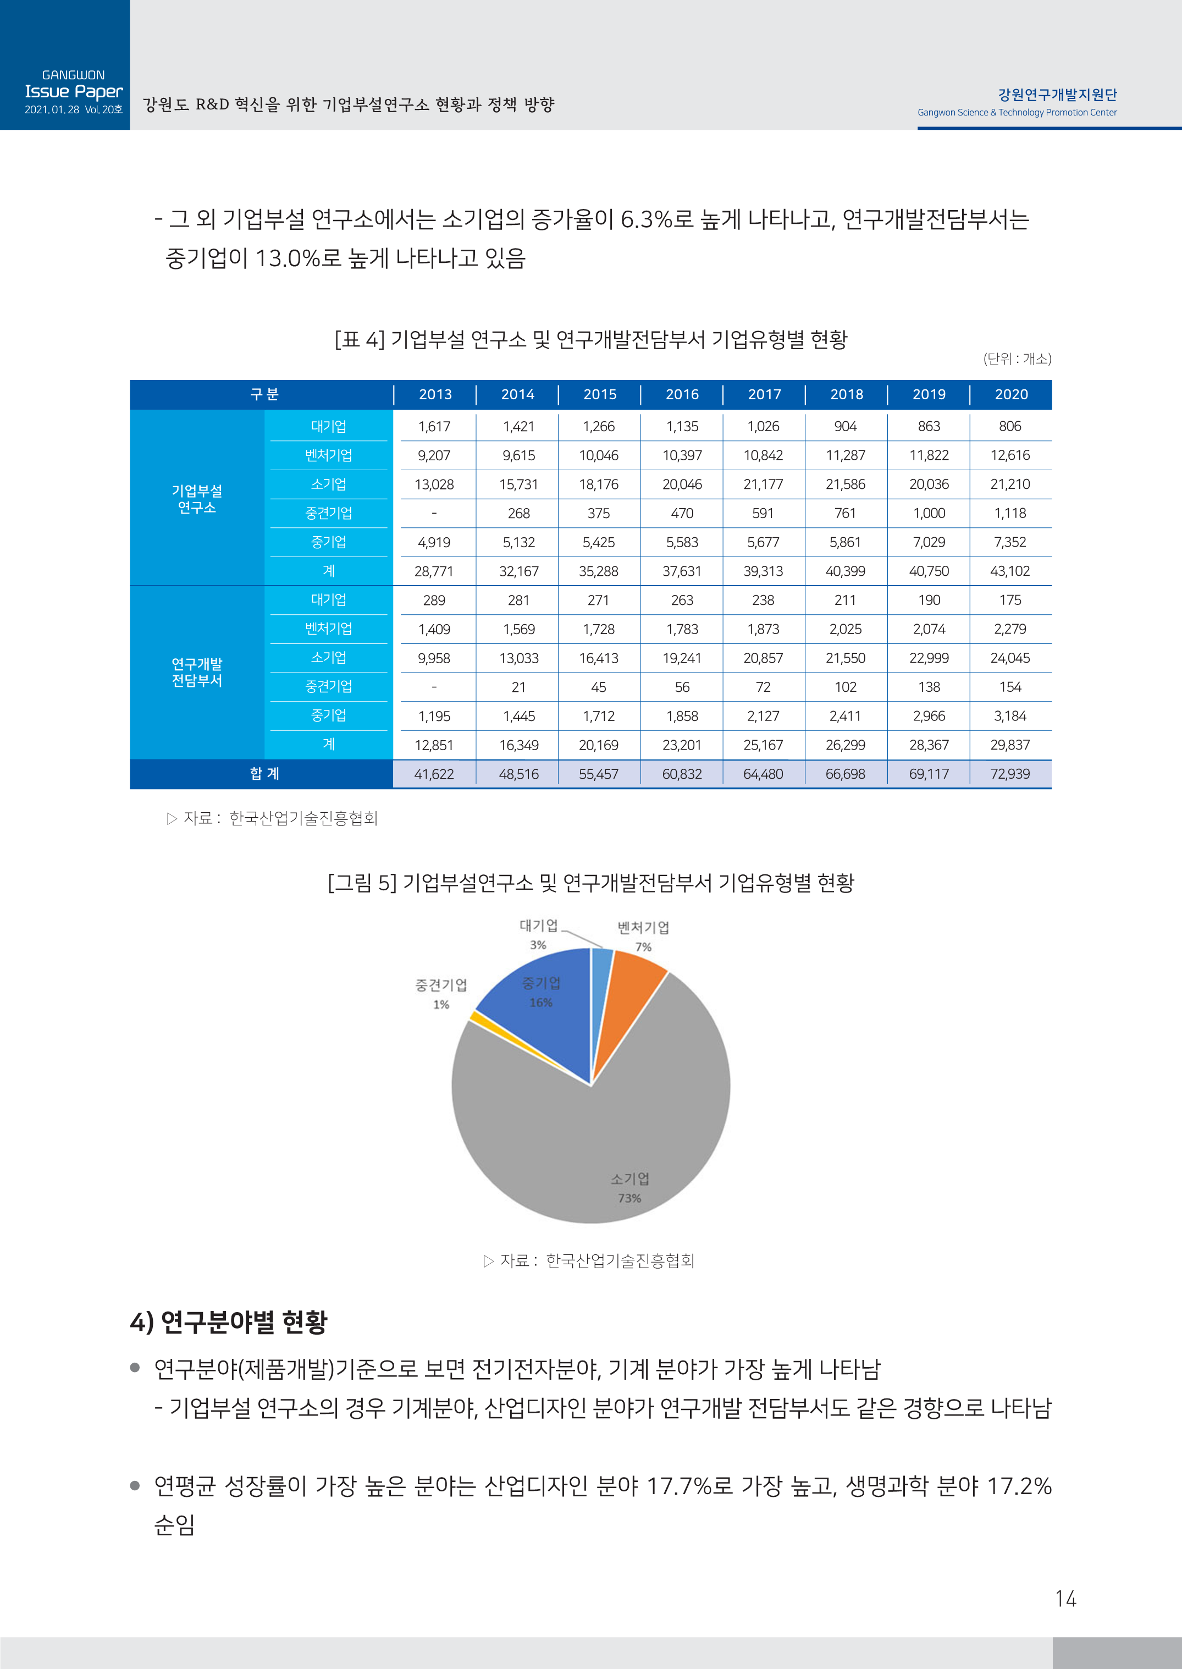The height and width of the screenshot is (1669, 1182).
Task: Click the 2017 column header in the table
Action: (x=764, y=394)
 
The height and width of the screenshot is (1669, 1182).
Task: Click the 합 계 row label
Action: (x=264, y=774)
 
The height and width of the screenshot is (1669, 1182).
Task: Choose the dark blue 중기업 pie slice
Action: (x=542, y=1019)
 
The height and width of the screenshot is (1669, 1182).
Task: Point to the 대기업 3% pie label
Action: (x=538, y=934)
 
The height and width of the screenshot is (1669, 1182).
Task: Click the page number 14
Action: (x=1065, y=1599)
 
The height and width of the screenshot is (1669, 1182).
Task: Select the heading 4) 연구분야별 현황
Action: (x=229, y=1322)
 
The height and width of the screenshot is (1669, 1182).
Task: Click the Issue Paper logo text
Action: (x=74, y=92)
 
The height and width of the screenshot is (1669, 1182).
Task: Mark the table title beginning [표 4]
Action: (x=590, y=339)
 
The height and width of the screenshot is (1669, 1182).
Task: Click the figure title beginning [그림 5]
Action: (x=590, y=883)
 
